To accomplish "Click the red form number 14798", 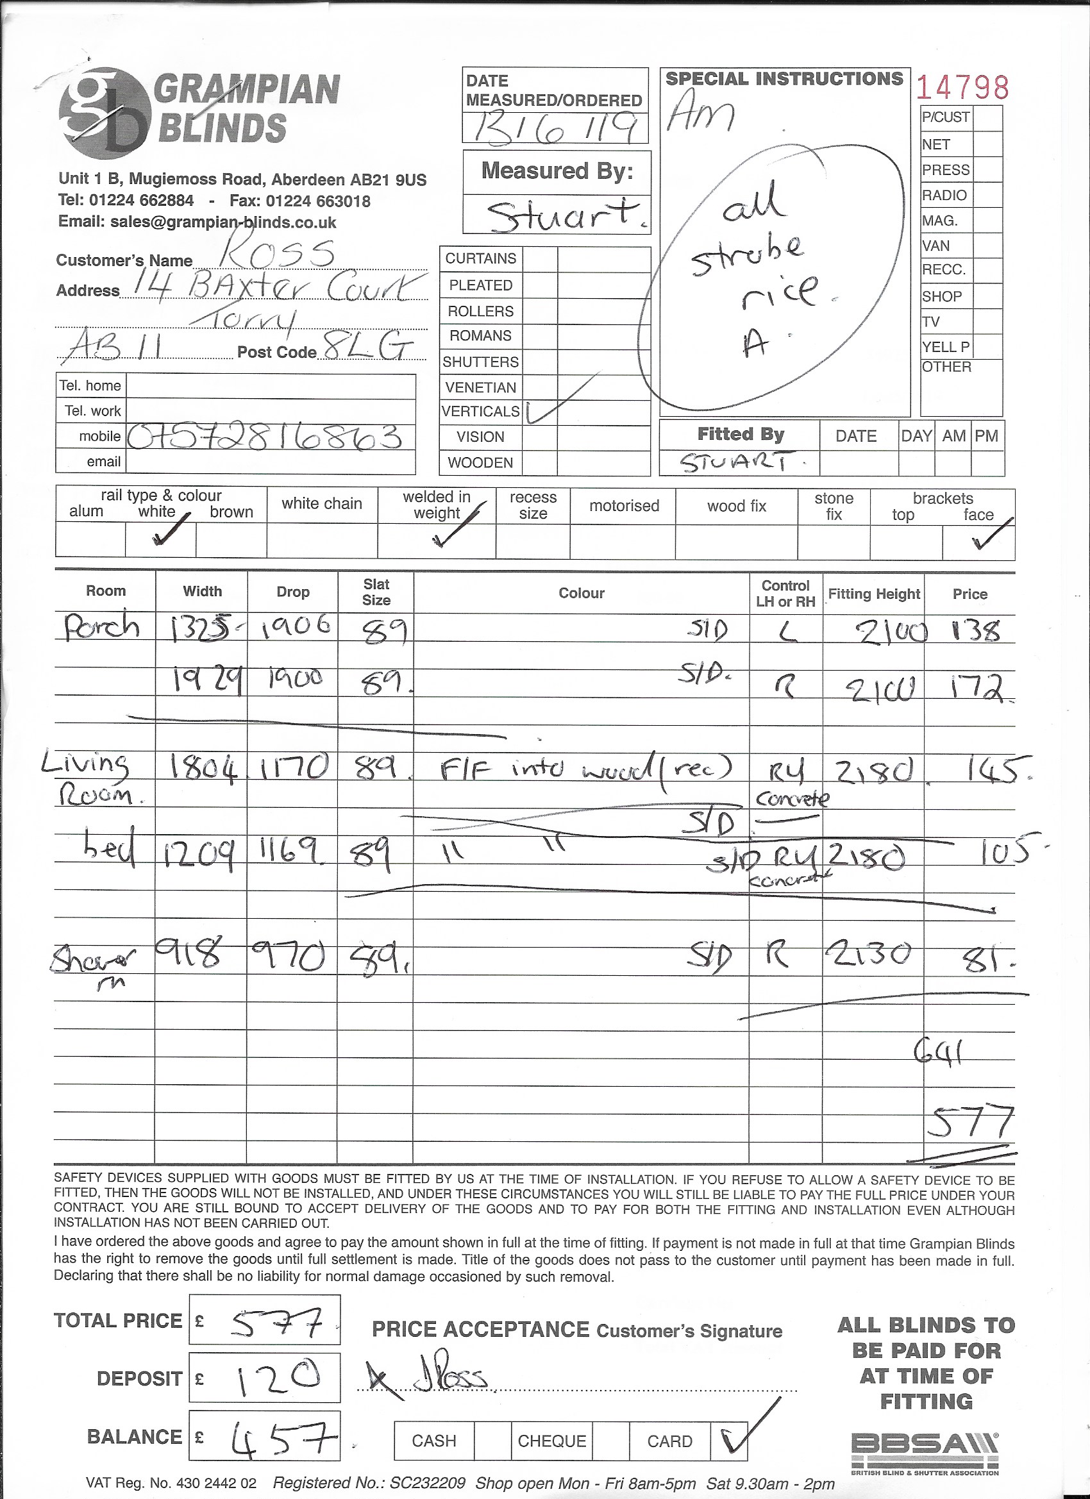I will tap(963, 88).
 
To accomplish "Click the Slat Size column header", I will tap(376, 592).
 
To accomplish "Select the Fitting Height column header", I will tap(873, 594).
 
